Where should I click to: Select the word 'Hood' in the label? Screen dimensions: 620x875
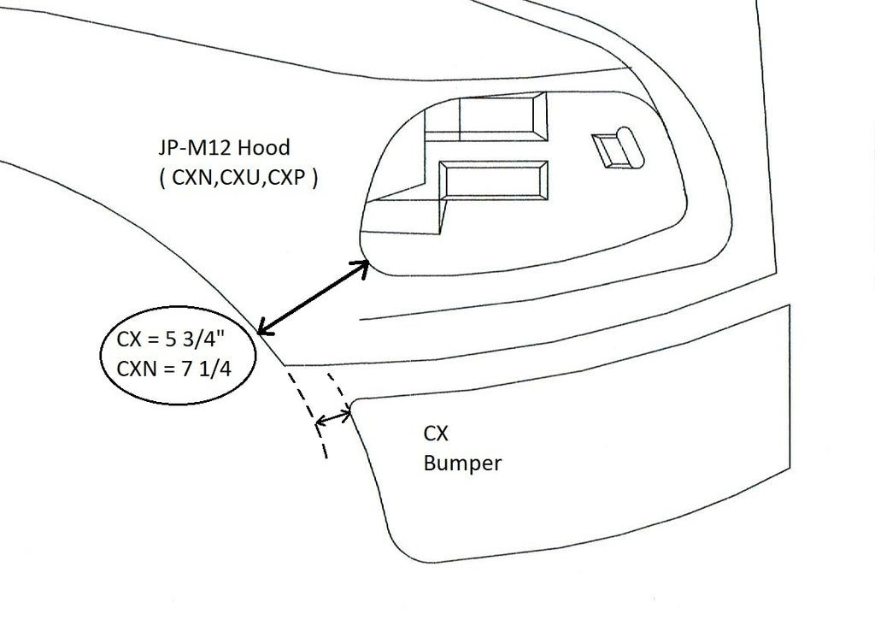point(265,149)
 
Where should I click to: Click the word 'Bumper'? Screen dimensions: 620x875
point(462,464)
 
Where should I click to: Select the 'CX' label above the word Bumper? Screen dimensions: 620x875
point(437,434)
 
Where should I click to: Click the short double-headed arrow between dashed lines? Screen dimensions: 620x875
point(334,418)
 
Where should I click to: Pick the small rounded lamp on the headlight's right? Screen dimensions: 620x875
point(620,147)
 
